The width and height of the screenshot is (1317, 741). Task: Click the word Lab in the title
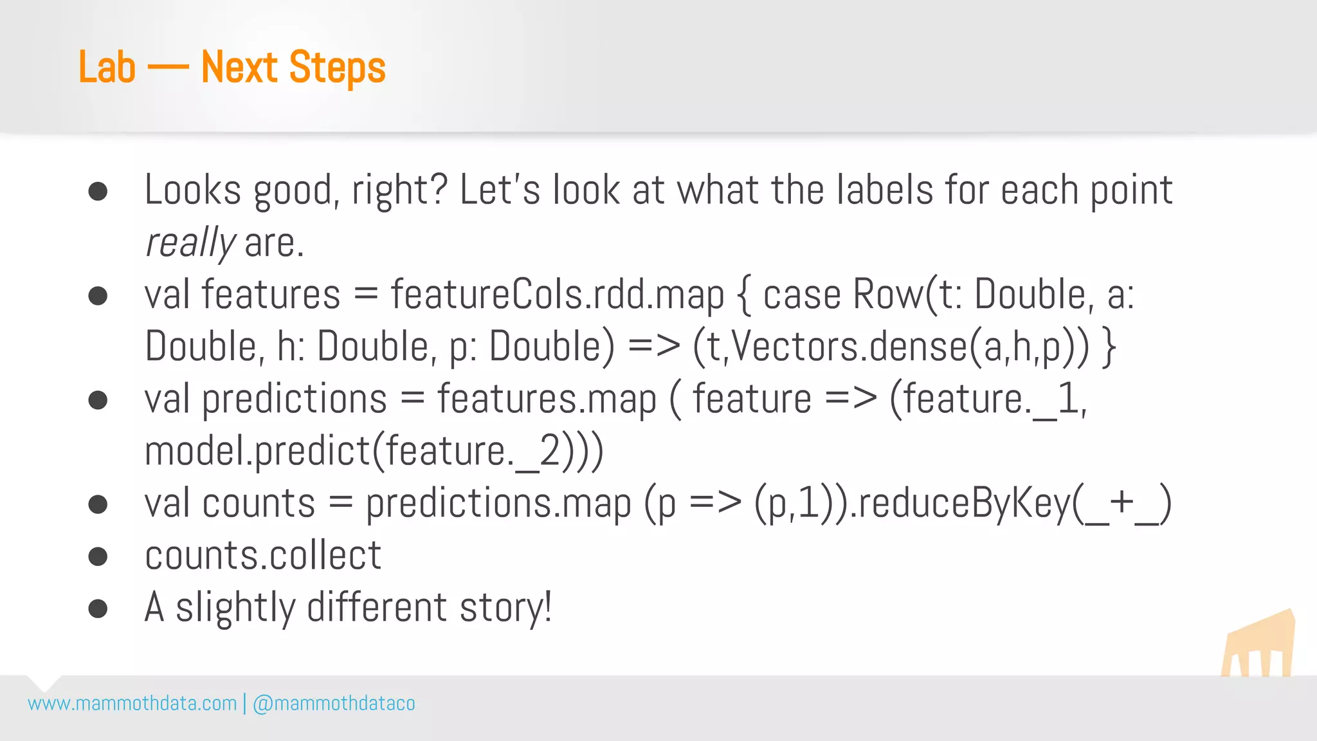tap(107, 68)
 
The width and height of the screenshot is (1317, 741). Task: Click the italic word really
tap(190, 243)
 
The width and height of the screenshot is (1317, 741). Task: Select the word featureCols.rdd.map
tap(557, 295)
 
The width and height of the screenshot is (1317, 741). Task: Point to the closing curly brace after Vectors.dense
tap(1108, 347)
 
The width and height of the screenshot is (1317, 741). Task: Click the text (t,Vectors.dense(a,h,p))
tap(891, 347)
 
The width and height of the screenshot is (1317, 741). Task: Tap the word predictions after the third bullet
tap(295, 399)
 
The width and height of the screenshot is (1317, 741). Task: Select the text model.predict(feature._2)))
tap(374, 452)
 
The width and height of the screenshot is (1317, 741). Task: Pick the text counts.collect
tap(263, 556)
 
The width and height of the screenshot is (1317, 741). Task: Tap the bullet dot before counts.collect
tap(98, 556)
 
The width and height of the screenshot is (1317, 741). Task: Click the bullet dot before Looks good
tap(98, 192)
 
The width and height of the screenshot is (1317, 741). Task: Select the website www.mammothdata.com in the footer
tap(132, 704)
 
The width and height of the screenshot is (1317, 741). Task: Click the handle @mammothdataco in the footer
tap(334, 704)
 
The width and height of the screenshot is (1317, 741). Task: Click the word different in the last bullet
tap(377, 608)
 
